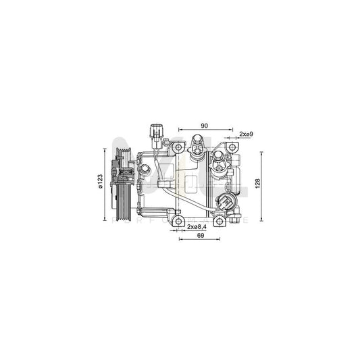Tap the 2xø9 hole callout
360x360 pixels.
[246, 135]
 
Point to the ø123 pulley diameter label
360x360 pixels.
[100, 182]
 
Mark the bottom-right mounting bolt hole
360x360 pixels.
[220, 220]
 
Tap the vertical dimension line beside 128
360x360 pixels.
[263, 183]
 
